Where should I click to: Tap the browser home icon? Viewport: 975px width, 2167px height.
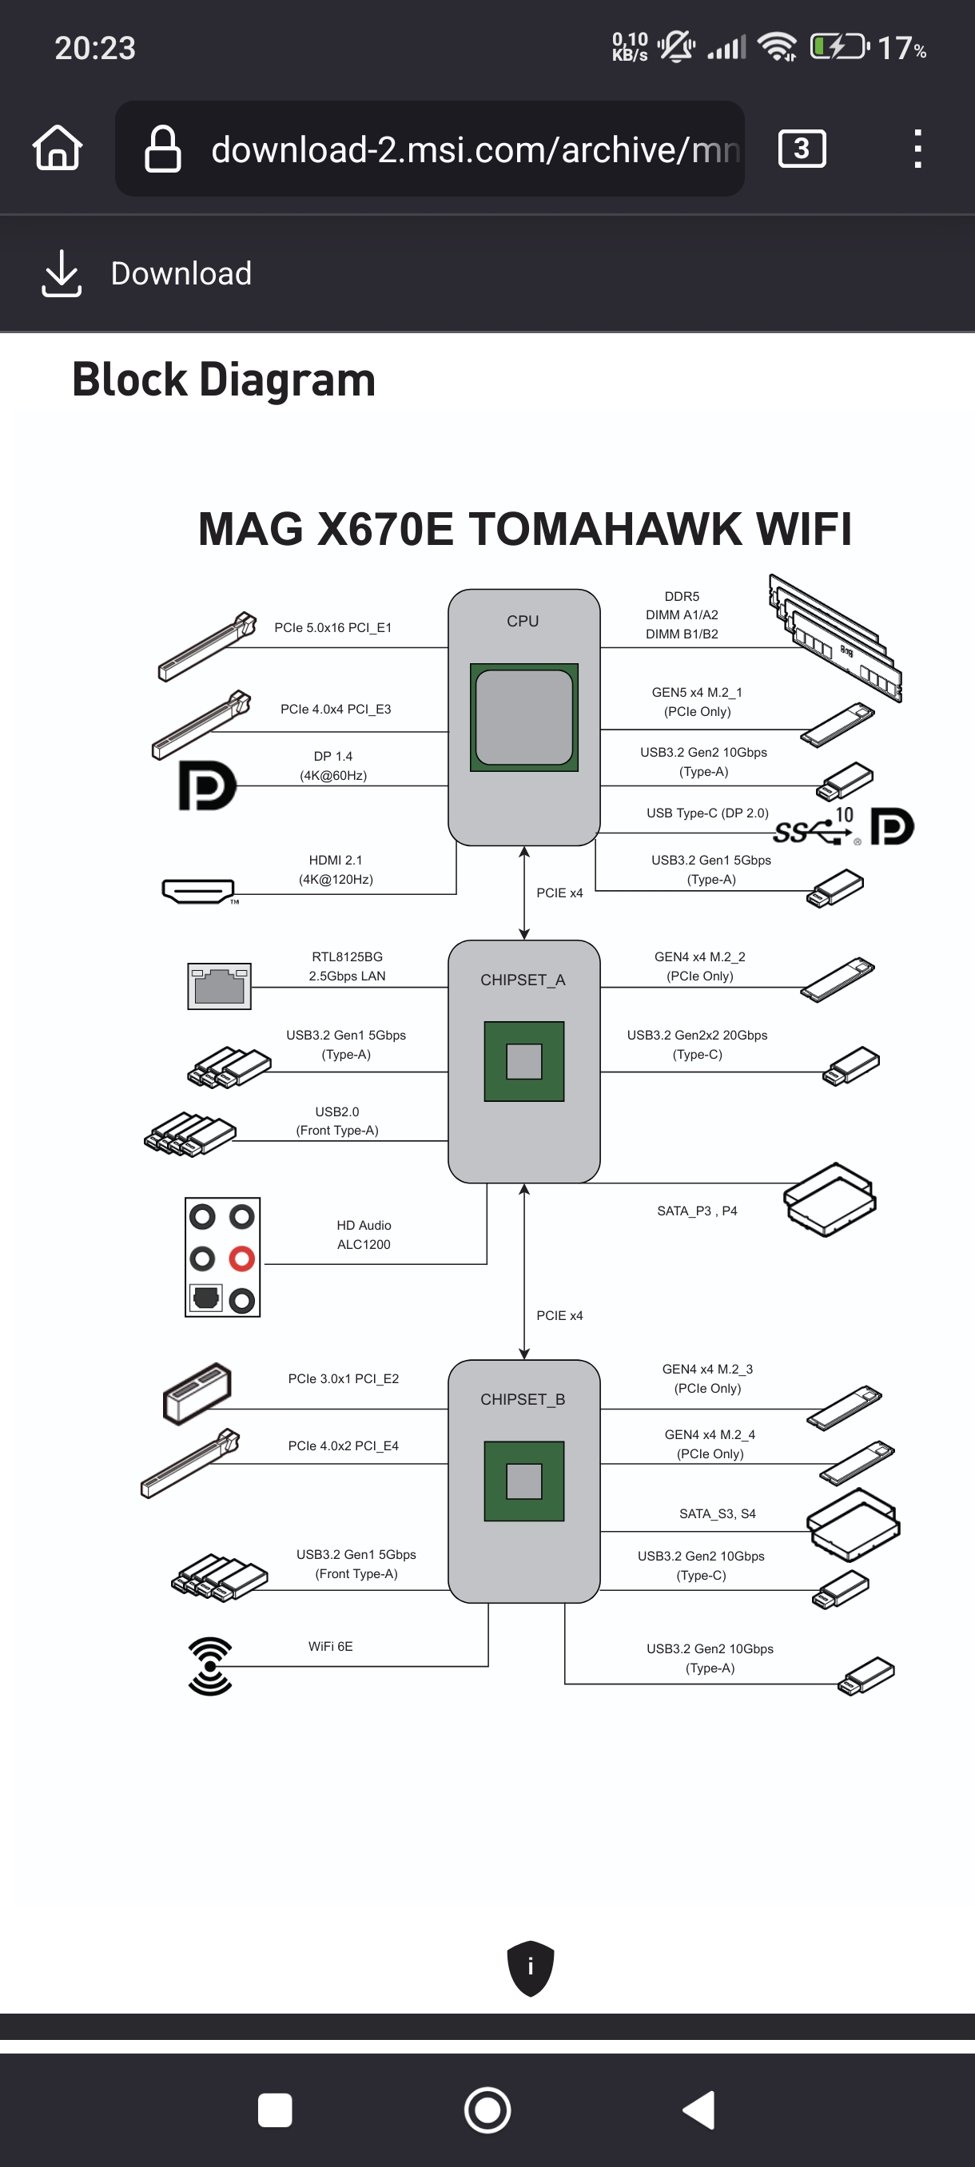(58, 148)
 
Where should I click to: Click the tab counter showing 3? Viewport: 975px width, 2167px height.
(802, 149)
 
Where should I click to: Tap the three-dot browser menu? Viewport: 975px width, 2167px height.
(917, 149)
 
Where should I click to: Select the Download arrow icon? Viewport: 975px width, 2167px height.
(62, 273)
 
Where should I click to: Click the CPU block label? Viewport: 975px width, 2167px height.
(523, 621)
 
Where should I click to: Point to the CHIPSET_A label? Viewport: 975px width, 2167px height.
(523, 980)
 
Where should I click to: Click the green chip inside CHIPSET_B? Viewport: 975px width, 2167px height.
(524, 1481)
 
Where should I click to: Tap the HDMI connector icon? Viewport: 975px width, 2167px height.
(198, 891)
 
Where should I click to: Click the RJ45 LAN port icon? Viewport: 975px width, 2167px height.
(219, 986)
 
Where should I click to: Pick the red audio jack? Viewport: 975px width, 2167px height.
(242, 1258)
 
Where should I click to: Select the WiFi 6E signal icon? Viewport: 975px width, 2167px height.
(209, 1666)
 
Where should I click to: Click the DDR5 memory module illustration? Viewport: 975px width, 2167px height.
(835, 638)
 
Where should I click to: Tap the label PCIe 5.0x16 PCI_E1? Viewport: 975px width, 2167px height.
(333, 627)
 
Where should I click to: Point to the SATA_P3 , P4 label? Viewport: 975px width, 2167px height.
(697, 1211)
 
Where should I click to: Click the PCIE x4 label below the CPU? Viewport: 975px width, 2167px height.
(559, 893)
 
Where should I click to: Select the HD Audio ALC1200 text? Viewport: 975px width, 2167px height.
(364, 1235)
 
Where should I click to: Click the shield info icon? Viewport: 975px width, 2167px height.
(530, 1967)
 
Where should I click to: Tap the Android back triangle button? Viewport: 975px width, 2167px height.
(699, 2109)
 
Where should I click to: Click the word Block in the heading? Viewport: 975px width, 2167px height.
(129, 380)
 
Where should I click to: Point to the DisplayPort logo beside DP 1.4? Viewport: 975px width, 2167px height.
(207, 785)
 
